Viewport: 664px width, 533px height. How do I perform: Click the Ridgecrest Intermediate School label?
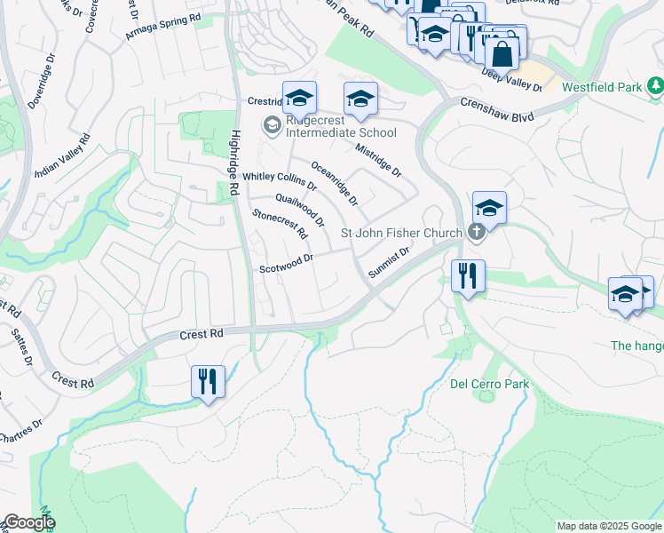pos(340,132)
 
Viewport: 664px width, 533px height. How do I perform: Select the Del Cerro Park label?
pos(489,384)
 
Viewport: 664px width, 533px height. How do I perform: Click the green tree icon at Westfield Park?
pos(655,86)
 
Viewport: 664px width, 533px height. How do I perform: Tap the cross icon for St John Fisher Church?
pos(477,233)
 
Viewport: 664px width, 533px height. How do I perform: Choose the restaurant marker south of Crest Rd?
pos(208,382)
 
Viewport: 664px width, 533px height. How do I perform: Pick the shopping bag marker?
pos(502,52)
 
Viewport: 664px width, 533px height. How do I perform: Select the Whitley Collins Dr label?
pos(280,181)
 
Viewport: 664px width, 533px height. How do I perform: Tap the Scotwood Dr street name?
pos(287,264)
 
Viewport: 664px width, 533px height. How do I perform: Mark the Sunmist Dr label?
pos(389,263)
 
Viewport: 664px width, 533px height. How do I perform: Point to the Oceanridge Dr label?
pos(335,183)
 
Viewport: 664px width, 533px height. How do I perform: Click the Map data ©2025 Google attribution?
pos(608,526)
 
